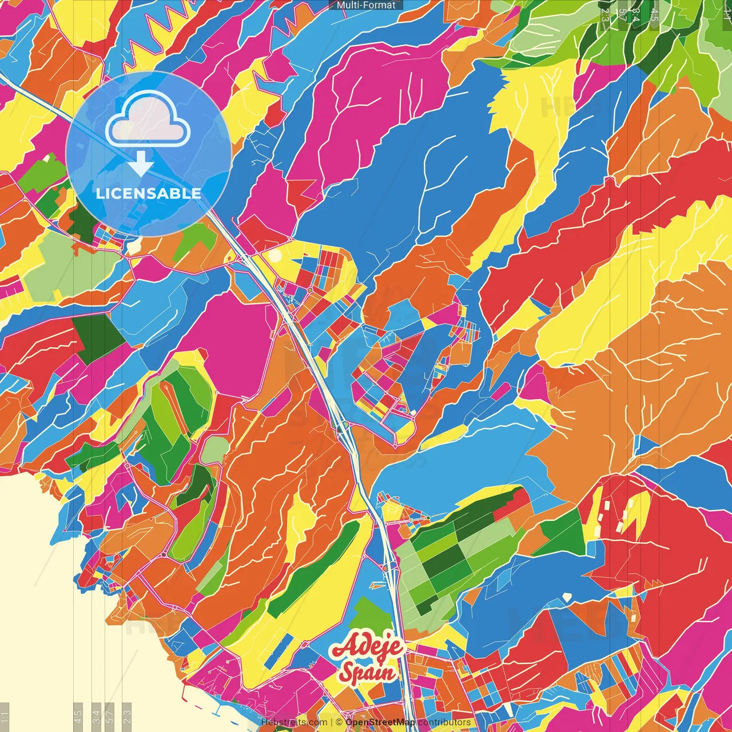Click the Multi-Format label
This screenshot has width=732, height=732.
[366, 5]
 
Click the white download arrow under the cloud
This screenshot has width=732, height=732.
[141, 164]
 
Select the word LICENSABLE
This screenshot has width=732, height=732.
[149, 193]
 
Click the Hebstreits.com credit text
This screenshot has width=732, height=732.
[294, 722]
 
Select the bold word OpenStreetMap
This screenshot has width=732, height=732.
[380, 722]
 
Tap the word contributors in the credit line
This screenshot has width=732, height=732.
[444, 722]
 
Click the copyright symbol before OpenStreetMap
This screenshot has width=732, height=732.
[339, 722]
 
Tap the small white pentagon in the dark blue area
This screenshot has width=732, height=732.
[567, 596]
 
